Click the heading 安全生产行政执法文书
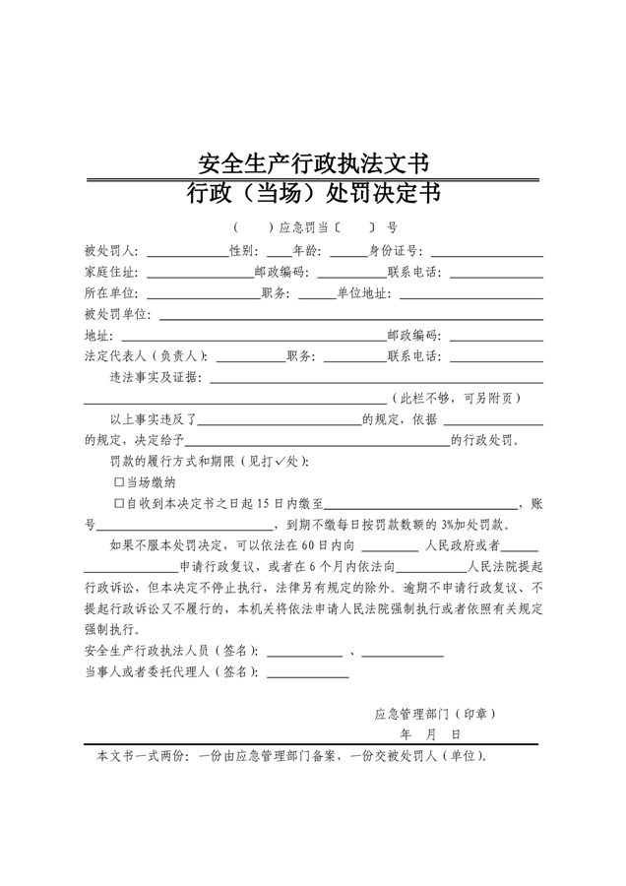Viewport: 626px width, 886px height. [313, 161]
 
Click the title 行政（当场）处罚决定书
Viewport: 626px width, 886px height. [313, 193]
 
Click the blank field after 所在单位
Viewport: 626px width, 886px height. [201, 296]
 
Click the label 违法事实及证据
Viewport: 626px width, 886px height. [156, 377]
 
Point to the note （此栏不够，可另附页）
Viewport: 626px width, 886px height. [456, 398]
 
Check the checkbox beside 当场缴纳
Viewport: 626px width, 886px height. [119, 482]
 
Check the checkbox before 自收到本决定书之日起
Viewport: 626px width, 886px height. [119, 503]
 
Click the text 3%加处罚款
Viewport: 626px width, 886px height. [472, 524]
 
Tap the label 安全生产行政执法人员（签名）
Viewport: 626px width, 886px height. [173, 651]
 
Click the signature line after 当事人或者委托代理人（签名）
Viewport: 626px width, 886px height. [307, 674]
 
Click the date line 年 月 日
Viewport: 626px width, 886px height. [430, 734]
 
